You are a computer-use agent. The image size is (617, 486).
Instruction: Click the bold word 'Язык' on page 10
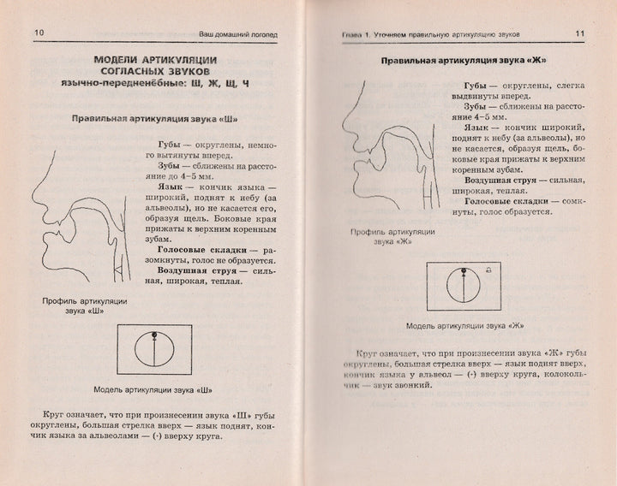[171, 185]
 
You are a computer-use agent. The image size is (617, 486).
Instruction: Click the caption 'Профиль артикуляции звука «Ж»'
[392, 236]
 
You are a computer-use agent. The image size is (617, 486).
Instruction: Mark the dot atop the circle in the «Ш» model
[153, 333]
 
